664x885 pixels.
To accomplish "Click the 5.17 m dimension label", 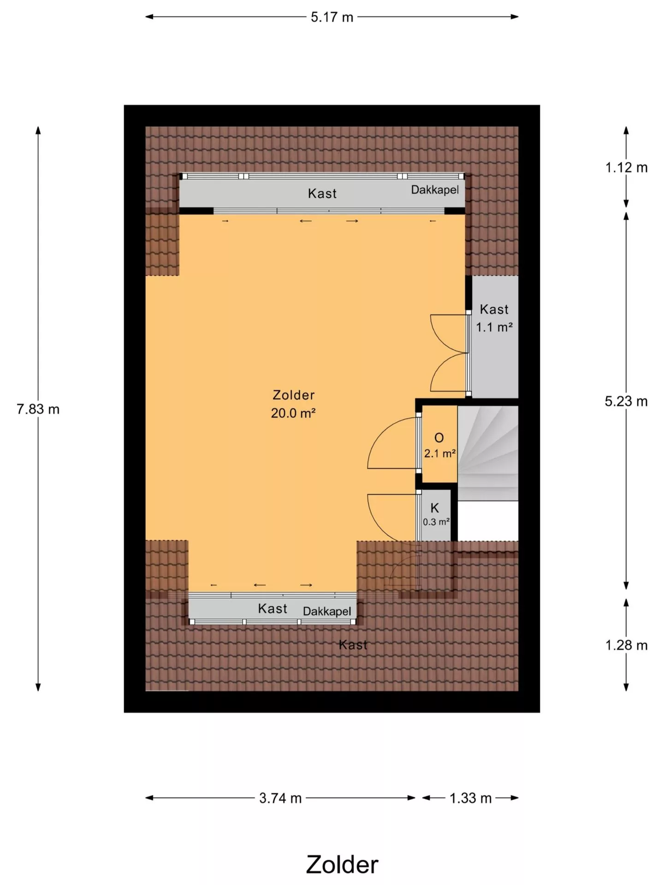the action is (x=332, y=17).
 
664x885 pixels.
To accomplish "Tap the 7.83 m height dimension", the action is (x=38, y=409).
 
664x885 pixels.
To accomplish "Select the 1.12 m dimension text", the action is (x=626, y=167).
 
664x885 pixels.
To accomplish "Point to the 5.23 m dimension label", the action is (x=626, y=401).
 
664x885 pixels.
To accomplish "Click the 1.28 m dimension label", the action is (x=626, y=645).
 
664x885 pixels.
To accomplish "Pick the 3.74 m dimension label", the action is (x=280, y=798).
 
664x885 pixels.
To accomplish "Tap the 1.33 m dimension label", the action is (x=470, y=798).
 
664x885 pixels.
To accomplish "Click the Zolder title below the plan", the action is (x=342, y=865).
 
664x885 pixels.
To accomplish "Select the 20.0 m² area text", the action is (x=293, y=413).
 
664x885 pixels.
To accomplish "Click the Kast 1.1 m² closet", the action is (x=494, y=336).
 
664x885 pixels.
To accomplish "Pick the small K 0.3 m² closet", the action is (x=436, y=514).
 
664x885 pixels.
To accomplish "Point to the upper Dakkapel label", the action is (x=435, y=190).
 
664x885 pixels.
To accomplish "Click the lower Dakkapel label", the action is (x=327, y=611).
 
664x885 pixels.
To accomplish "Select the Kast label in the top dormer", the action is (x=322, y=194).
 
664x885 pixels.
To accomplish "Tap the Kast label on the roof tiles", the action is (x=353, y=645).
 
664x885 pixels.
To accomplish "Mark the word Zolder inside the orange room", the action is (x=293, y=395).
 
